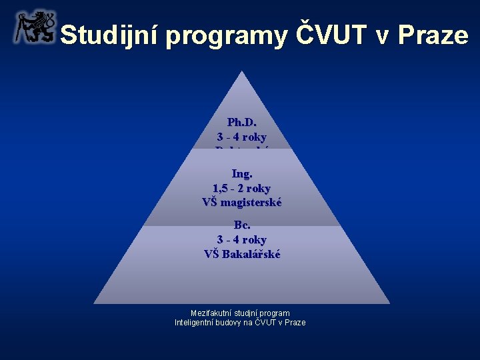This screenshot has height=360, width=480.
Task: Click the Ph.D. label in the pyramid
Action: pos(241,123)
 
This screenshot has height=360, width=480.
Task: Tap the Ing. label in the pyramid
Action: pos(241,174)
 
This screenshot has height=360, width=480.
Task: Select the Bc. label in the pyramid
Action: pos(241,225)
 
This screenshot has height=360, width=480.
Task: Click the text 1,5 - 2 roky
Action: pos(241,188)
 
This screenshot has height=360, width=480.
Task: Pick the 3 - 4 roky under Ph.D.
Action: pos(241,137)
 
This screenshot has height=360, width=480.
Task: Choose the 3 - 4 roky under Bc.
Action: pos(241,239)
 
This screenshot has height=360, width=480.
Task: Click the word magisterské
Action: pos(253,202)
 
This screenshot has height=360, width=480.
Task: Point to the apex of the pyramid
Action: pos(242,73)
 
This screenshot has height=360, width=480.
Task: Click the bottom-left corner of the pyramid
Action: pos(95,303)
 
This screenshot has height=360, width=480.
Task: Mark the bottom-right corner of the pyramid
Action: pos(389,303)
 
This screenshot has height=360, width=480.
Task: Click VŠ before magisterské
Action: pos(211,202)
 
